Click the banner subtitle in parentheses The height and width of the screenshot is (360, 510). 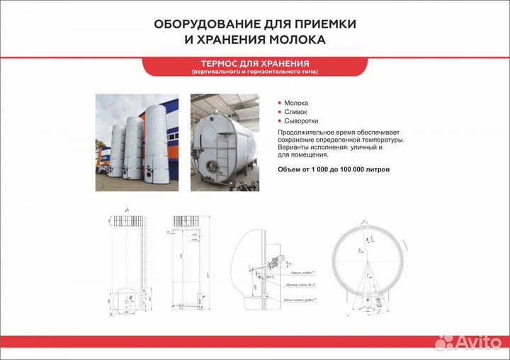(x=254, y=72)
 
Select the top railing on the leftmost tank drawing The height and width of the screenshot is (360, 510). (x=128, y=221)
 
